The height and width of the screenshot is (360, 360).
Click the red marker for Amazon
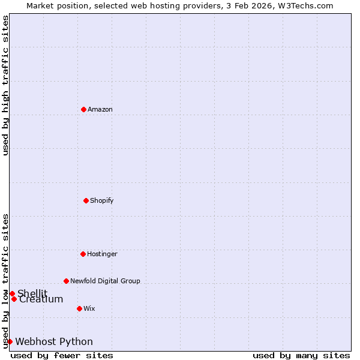pyautogui.click(x=83, y=109)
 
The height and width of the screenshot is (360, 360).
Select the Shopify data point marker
pyautogui.click(x=86, y=200)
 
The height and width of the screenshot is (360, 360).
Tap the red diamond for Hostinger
pyautogui.click(x=83, y=254)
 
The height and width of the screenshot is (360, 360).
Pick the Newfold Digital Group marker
pyautogui.click(x=66, y=281)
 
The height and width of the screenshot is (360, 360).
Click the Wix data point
pyautogui.click(x=79, y=308)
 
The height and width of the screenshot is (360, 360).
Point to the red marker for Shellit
pyautogui.click(x=12, y=293)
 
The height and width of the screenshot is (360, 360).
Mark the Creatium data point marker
pyautogui.click(x=14, y=299)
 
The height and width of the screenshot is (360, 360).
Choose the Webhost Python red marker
pyautogui.click(x=10, y=341)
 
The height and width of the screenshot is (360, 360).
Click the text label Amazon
pyautogui.click(x=100, y=109)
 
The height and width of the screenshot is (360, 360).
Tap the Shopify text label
pyautogui.click(x=102, y=200)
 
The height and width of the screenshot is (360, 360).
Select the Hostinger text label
pyautogui.click(x=102, y=254)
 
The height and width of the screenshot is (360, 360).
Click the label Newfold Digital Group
pyautogui.click(x=105, y=281)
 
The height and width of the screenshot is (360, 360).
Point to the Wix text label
pyautogui.click(x=89, y=308)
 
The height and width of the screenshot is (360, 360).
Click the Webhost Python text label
pyautogui.click(x=54, y=342)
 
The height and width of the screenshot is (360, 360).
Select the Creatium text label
pyautogui.click(x=41, y=299)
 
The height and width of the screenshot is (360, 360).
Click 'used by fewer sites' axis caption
pyautogui.click(x=62, y=355)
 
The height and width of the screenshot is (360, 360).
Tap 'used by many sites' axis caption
pyautogui.click(x=301, y=355)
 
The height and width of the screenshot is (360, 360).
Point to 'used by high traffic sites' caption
pyautogui.click(x=5, y=85)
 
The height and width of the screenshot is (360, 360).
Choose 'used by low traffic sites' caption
pyautogui.click(x=5, y=281)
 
